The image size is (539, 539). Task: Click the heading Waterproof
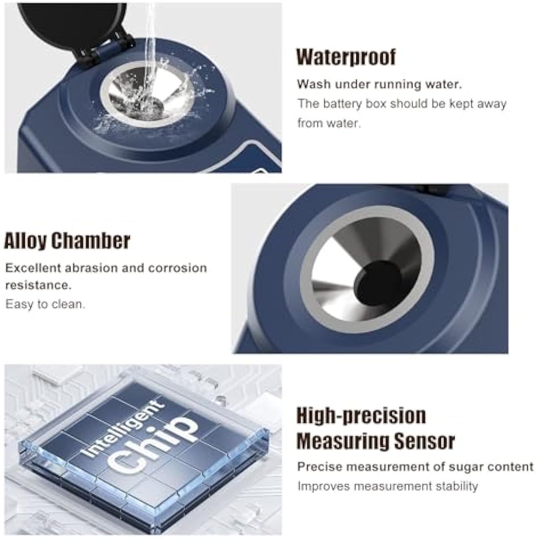[346, 57]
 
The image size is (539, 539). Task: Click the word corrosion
[178, 268]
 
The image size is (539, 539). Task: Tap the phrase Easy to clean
[45, 304]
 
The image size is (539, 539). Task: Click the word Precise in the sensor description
[317, 466]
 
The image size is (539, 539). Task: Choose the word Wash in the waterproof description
[311, 84]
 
